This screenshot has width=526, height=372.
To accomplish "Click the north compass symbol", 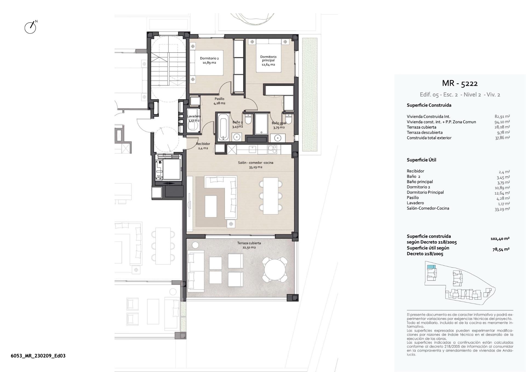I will [x=30, y=27].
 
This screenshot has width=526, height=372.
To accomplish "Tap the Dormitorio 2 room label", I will [x=209, y=60].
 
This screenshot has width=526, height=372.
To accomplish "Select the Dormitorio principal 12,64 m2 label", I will [x=268, y=61].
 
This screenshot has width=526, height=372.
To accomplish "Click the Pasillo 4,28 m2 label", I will [x=219, y=101].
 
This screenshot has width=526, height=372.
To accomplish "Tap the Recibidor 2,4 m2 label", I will [x=203, y=146].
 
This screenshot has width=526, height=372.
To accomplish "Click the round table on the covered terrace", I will [x=275, y=269].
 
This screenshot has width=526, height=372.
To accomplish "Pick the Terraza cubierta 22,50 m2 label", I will [x=249, y=245].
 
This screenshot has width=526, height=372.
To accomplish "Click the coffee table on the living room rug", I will [x=211, y=206].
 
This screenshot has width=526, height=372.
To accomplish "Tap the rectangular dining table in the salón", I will [x=270, y=196].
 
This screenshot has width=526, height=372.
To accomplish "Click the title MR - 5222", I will [x=460, y=83].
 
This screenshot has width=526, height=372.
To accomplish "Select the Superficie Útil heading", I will [x=421, y=160].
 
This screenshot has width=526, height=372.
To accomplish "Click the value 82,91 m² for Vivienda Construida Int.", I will [x=502, y=117].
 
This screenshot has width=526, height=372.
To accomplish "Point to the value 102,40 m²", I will [x=500, y=239].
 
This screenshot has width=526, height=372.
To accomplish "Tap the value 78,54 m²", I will [x=501, y=249].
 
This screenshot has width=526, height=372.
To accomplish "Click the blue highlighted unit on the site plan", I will [x=431, y=267].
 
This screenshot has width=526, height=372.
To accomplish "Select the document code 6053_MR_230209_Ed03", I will [x=38, y=356].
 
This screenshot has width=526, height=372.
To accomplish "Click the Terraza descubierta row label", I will [x=424, y=132].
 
